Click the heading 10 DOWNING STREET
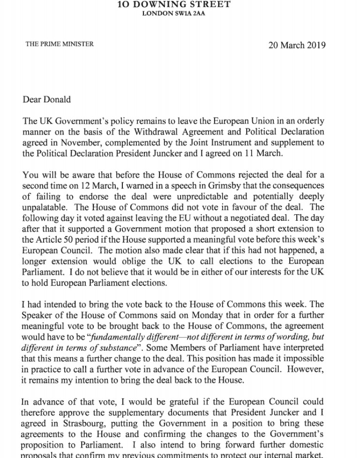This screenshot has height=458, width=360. click(x=180, y=5)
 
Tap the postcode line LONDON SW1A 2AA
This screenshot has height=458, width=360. click(x=180, y=14)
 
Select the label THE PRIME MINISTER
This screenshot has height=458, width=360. click(x=60, y=44)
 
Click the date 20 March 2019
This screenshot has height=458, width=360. click(x=297, y=45)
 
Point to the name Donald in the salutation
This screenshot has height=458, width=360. click(x=56, y=99)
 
